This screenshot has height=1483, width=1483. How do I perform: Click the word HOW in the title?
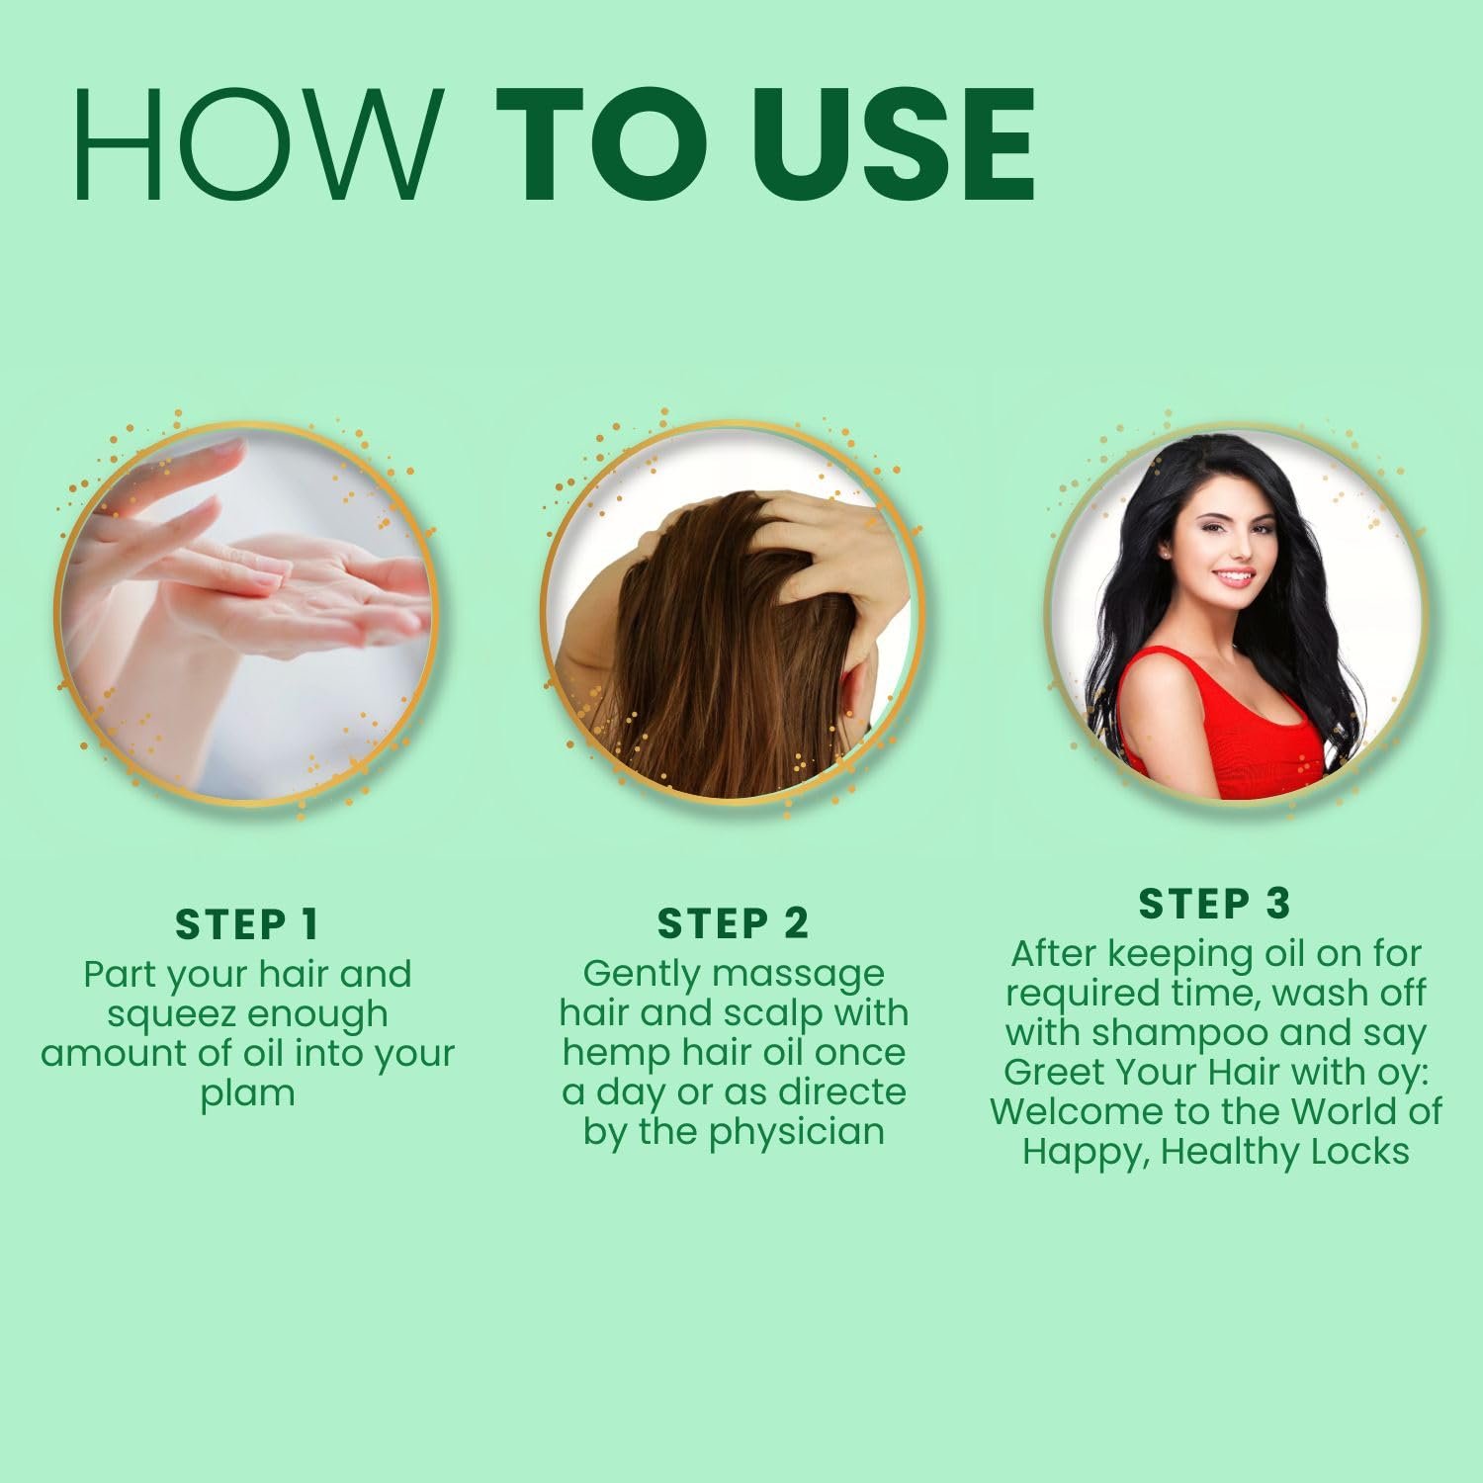point(258,144)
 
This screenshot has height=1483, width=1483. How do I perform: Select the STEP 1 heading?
point(247,924)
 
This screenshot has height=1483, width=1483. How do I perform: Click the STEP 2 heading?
point(733,923)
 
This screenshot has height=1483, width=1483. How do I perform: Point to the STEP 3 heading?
point(1215,904)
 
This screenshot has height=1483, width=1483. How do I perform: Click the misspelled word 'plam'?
point(247,1093)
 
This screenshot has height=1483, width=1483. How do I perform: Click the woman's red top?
point(1223,732)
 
